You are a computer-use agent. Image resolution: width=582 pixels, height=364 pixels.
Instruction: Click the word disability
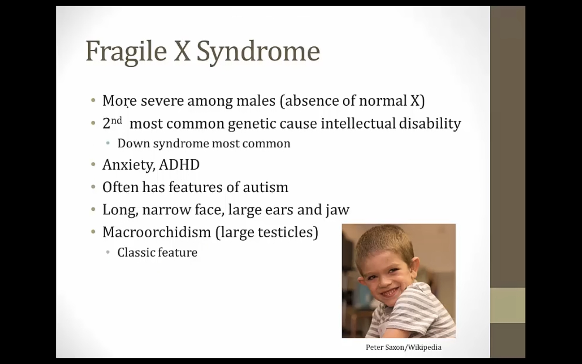click(430, 123)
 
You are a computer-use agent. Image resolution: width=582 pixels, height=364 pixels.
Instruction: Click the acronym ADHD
click(179, 165)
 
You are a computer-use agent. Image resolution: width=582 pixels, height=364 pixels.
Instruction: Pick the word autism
click(266, 187)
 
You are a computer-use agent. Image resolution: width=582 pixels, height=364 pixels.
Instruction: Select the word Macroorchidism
click(157, 232)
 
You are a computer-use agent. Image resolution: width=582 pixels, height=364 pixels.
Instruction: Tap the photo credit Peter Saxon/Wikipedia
click(403, 347)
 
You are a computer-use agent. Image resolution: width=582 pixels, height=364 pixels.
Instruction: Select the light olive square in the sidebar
click(508, 305)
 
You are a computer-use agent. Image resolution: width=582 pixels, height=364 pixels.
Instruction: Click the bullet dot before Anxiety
click(93, 165)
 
